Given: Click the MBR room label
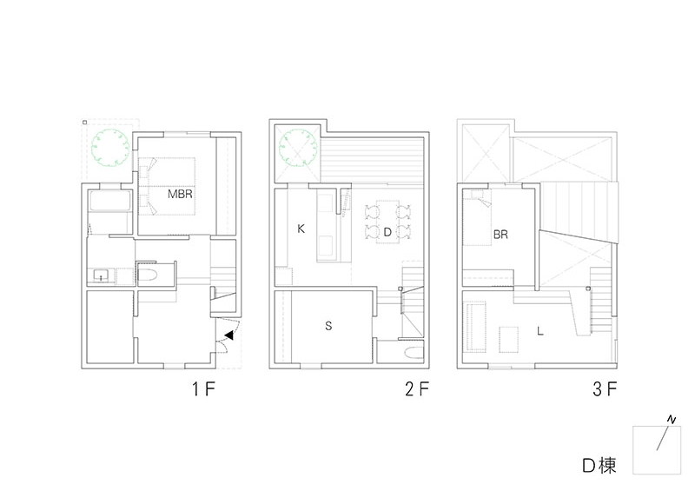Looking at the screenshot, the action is (x=180, y=194).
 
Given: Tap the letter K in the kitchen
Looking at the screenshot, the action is (x=301, y=229).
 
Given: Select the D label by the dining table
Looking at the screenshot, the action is (x=387, y=232).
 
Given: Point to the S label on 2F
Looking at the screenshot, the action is (x=328, y=326).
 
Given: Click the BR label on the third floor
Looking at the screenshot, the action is (x=500, y=234).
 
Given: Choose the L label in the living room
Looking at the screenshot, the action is (x=539, y=331).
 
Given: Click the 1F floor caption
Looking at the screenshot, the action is (x=203, y=389).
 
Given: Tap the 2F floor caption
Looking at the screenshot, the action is (x=417, y=389).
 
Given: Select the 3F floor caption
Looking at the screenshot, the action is (x=605, y=389).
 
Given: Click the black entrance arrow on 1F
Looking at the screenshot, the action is (x=229, y=335).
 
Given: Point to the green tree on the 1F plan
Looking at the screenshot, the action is (x=110, y=148).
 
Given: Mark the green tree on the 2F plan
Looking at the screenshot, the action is (x=299, y=147).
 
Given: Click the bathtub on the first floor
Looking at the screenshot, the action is (x=109, y=202).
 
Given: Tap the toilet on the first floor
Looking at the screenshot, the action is (x=148, y=275).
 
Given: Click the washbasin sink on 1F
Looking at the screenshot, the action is (x=102, y=275).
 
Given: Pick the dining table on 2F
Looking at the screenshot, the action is (x=387, y=222).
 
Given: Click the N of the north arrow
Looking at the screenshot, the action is (x=672, y=419).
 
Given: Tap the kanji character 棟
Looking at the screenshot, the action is (x=607, y=466).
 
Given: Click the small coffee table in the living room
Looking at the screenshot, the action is (x=509, y=339).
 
